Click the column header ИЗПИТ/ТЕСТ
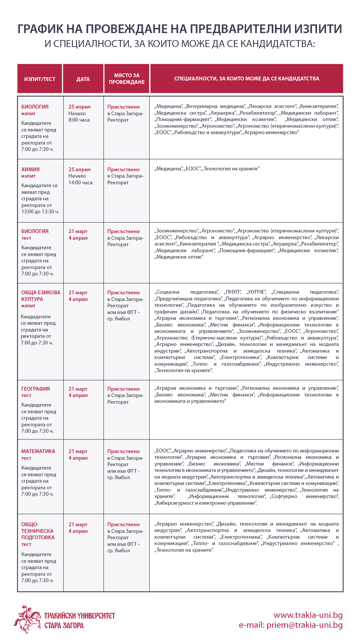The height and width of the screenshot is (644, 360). tap(39, 79)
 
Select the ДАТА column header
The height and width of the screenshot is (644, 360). tap(83, 79)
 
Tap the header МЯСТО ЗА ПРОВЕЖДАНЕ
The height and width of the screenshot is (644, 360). tap(127, 79)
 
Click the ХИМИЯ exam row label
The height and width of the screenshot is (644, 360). tap(30, 169)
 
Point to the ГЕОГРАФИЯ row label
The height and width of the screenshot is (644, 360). tap(35, 389)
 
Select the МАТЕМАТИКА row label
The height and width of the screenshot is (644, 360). tap(38, 451)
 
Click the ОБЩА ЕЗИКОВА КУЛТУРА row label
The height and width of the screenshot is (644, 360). tap(41, 296)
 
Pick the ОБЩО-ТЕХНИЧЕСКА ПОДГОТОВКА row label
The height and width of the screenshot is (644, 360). tap(38, 531)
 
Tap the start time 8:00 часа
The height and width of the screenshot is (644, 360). tap(79, 120)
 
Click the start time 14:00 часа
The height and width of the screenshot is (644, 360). tap(80, 183)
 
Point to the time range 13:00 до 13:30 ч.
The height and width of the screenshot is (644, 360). tap(40, 212)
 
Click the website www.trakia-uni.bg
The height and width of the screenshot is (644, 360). tap(308, 615)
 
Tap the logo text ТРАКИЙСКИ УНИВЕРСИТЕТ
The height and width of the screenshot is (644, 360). tap(80, 616)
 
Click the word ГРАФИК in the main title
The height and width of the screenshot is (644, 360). tap(41, 29)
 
